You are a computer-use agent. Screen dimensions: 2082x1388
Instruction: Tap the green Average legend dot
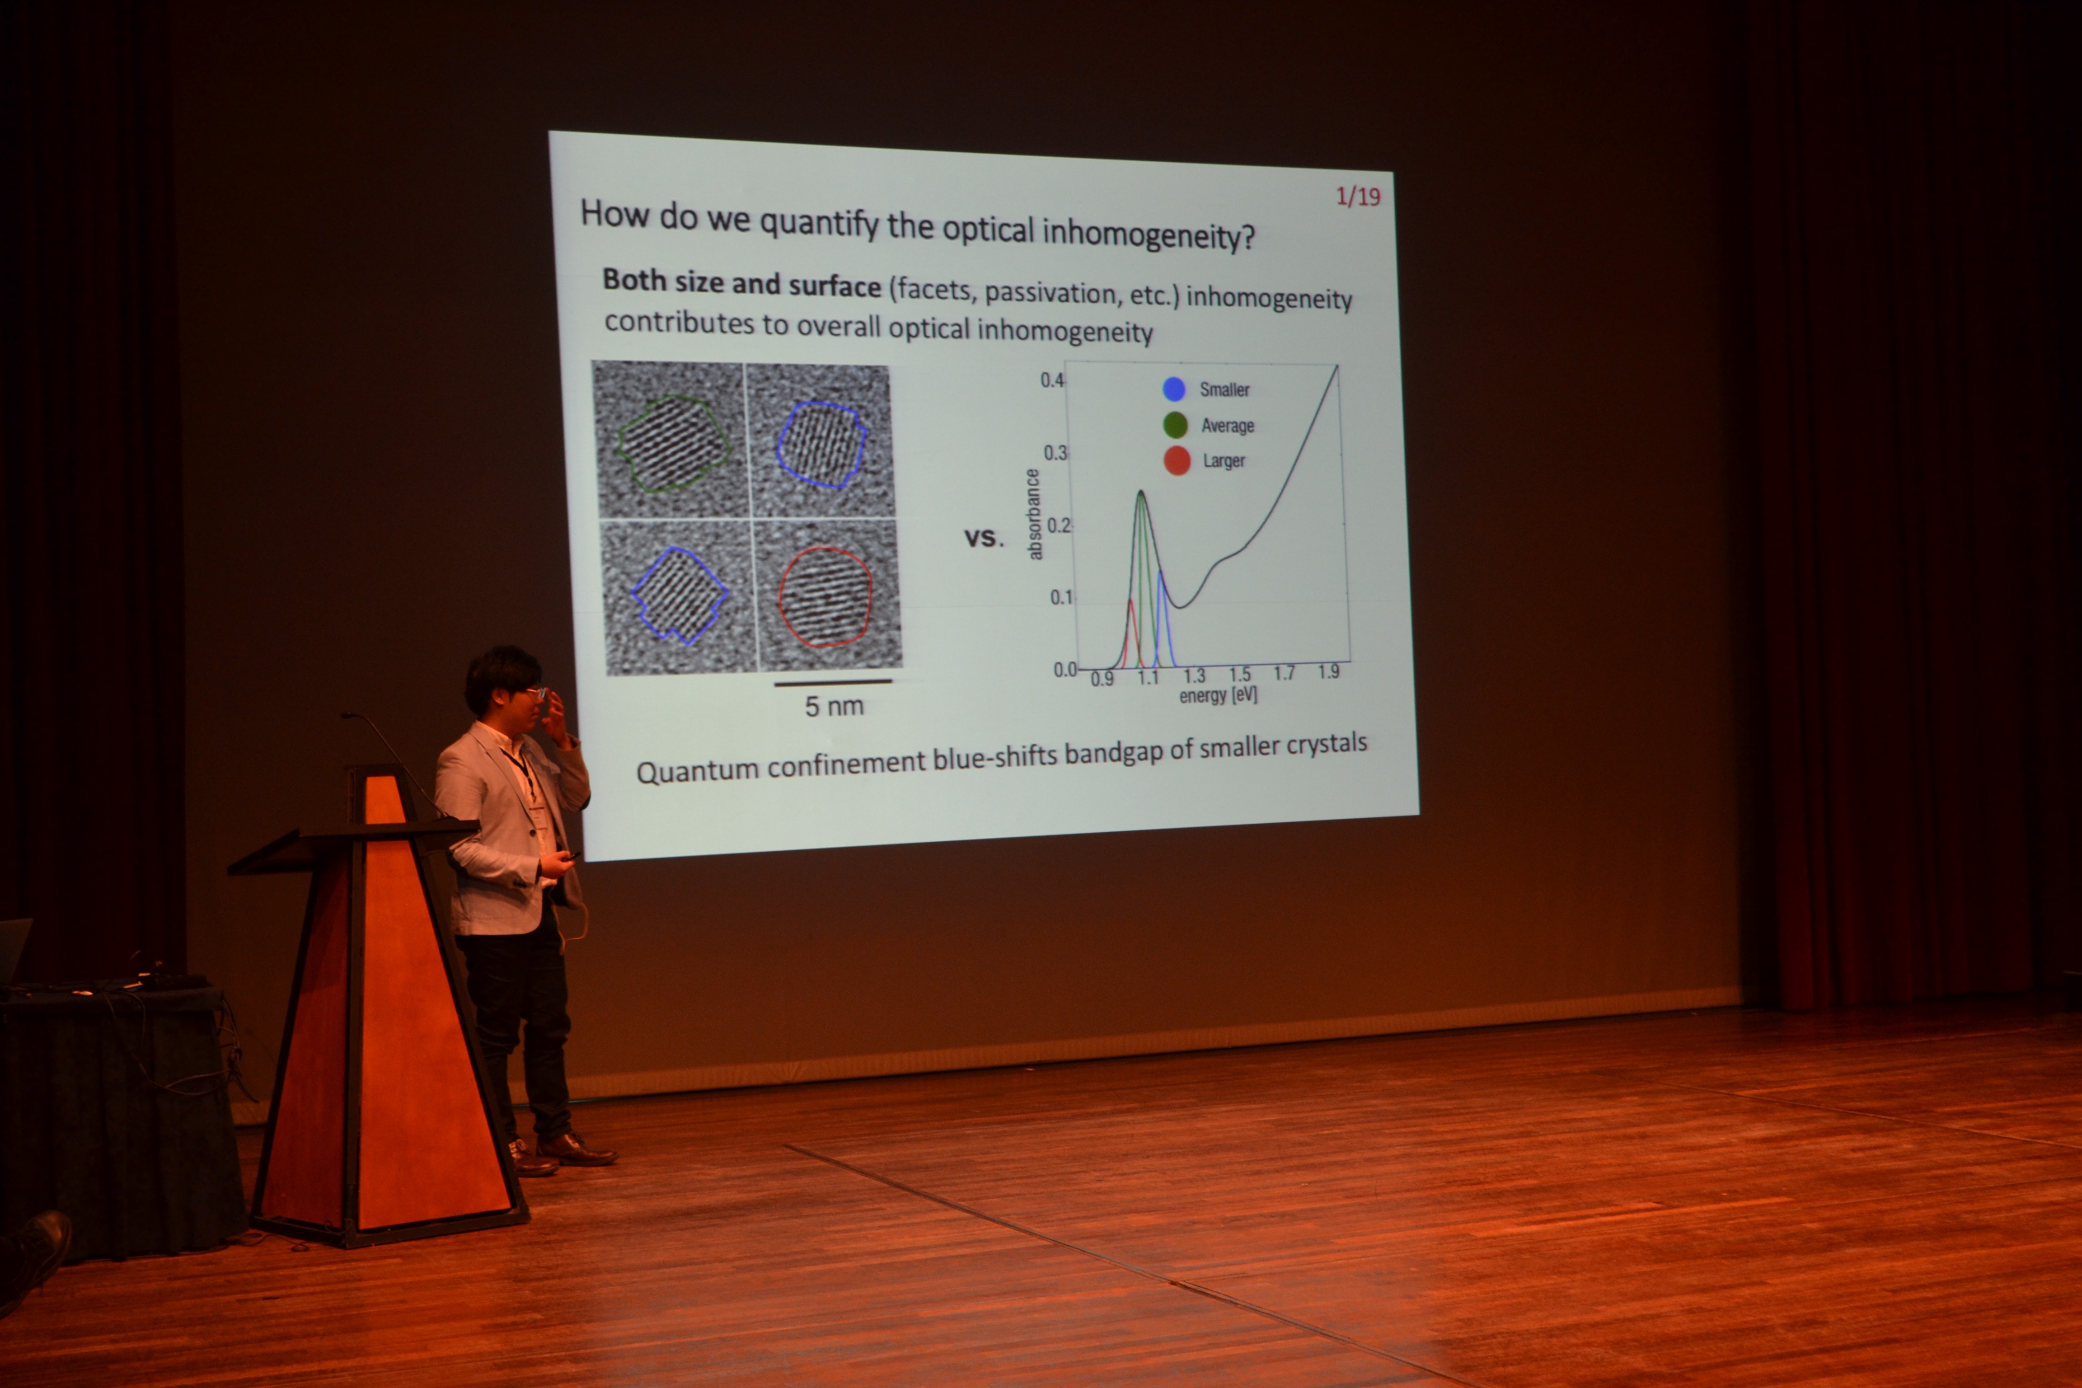(x=1176, y=425)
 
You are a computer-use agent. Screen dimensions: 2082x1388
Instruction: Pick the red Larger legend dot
(x=1177, y=460)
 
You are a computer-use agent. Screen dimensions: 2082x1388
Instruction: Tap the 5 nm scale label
(x=834, y=705)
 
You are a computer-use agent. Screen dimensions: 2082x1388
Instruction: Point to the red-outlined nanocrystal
(x=825, y=596)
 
